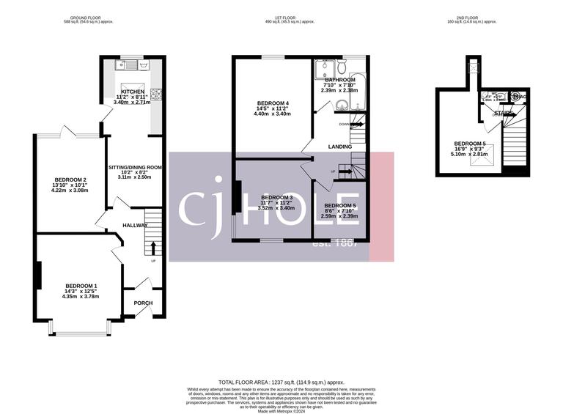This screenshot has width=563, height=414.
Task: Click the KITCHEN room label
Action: coord(133,92)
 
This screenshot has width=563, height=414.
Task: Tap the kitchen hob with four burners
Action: coord(156,92)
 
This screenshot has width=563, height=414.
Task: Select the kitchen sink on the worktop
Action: coord(125,65)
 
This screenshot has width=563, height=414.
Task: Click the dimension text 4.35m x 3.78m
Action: coord(80,297)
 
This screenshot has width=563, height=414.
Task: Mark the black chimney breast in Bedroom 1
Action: coord(37,274)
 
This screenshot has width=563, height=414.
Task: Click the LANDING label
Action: coord(337,146)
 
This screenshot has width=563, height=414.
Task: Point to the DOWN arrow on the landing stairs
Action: coord(359,125)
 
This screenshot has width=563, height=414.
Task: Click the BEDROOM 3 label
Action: coord(277,198)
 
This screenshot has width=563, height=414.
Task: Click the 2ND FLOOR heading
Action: coord(481,17)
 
